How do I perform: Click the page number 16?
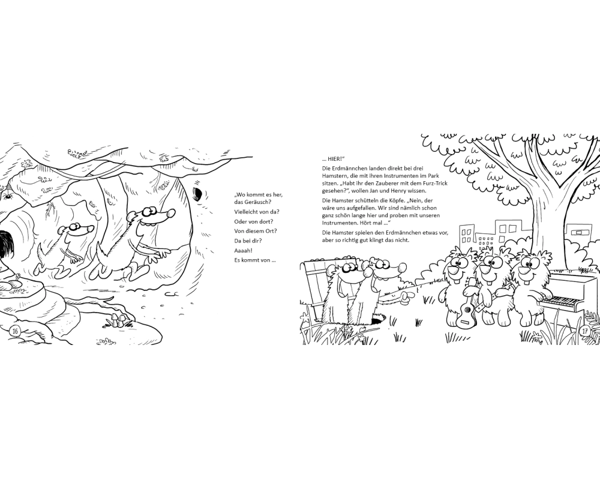pyautogui.click(x=15, y=331)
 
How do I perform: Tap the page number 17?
pyautogui.click(x=585, y=331)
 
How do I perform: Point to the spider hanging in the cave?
pyautogui.click(x=7, y=194)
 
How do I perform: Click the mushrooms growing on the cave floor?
pyautogui.click(x=118, y=319)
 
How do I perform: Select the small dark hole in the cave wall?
pyautogui.click(x=197, y=194)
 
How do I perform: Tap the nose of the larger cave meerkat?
pyautogui.click(x=170, y=213)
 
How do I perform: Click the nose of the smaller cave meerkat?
pyautogui.click(x=91, y=229)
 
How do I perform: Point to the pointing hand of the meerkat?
pyautogui.click(x=407, y=295)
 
